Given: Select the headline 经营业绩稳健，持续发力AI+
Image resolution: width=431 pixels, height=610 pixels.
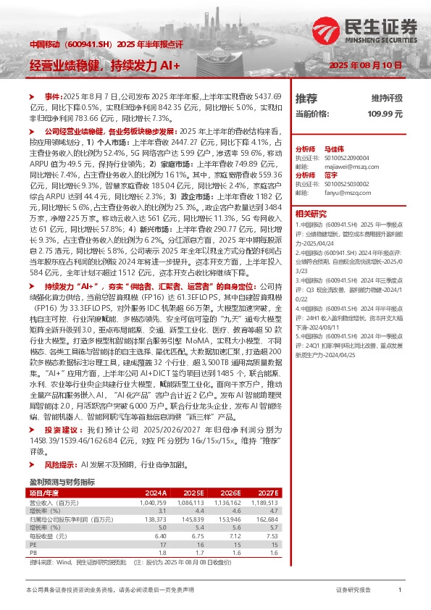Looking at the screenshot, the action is click(105, 65).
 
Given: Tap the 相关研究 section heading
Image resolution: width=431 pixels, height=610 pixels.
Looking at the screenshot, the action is click(312, 214).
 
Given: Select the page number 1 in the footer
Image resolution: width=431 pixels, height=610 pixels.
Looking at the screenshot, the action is click(400, 590).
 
